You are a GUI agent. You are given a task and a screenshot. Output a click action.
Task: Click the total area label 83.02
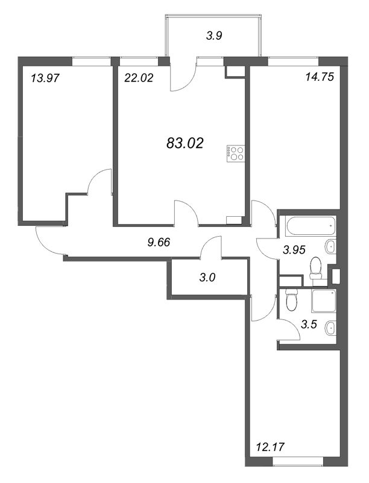[184, 143]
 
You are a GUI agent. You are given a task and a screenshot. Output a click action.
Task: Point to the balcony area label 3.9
[214, 36]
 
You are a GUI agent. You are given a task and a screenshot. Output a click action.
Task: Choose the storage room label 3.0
[209, 278]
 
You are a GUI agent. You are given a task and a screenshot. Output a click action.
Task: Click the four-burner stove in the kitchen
[236, 153]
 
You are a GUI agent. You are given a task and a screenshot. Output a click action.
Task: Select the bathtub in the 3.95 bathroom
[310, 226]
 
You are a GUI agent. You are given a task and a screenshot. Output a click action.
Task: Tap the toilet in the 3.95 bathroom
[315, 269]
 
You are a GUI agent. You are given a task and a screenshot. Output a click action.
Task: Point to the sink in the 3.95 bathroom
[330, 247]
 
